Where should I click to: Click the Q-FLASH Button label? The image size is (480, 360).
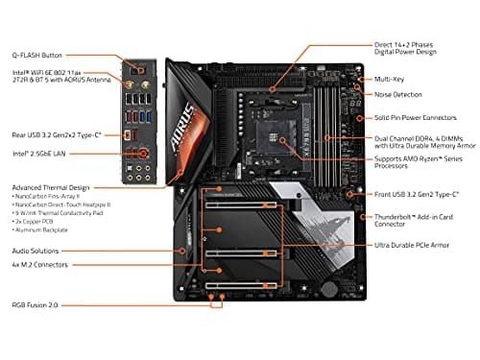click(38, 55)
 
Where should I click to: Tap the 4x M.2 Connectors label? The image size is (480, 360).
click(39, 264)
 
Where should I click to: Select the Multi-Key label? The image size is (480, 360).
click(390, 79)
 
